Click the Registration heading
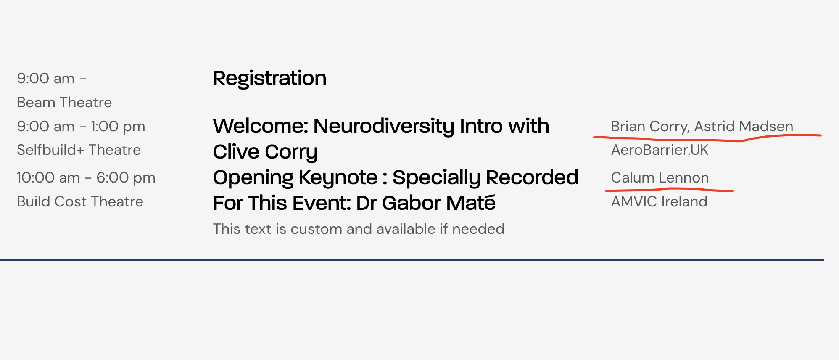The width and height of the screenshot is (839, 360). tap(269, 79)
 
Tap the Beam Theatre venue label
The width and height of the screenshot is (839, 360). tap(64, 102)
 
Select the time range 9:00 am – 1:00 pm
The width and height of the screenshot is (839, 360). tap(81, 127)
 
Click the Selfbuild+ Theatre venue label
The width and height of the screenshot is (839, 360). tap(79, 150)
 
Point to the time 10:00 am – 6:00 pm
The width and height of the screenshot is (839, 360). tap(86, 178)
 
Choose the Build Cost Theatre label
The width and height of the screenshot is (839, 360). tap(80, 201)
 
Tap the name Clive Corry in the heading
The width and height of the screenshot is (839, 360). tap(265, 152)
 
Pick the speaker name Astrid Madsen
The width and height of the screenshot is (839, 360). tap(744, 126)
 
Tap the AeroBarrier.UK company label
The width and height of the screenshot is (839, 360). tap(660, 150)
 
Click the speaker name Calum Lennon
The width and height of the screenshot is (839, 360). tap(660, 177)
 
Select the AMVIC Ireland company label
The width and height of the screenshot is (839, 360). tap(659, 201)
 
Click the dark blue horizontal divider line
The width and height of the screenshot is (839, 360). tap(412, 260)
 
